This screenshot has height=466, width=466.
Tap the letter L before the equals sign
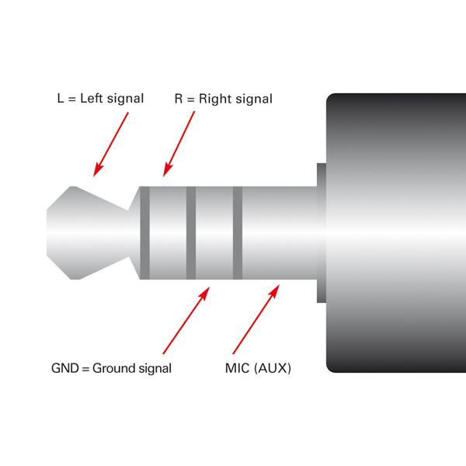point(61,99)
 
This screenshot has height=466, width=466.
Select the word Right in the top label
point(215,99)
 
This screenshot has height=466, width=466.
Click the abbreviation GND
point(65,368)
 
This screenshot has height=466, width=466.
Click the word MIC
point(238,368)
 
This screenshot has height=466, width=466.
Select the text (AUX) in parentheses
point(273,368)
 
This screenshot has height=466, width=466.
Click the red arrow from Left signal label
point(111,144)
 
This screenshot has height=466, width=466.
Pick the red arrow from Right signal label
point(179,144)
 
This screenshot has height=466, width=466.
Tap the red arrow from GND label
point(186,320)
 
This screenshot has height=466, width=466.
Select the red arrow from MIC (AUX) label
point(256,319)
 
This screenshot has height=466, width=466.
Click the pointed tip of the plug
point(47,233)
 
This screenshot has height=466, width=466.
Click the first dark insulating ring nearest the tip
point(144,233)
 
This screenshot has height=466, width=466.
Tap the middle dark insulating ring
point(191,233)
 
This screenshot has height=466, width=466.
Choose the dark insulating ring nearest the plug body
point(238,233)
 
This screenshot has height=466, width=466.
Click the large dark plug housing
point(396,233)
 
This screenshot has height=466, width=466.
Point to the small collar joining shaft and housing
point(322,233)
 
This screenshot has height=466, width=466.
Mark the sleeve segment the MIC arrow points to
point(280,233)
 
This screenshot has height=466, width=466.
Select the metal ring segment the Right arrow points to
point(168,233)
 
